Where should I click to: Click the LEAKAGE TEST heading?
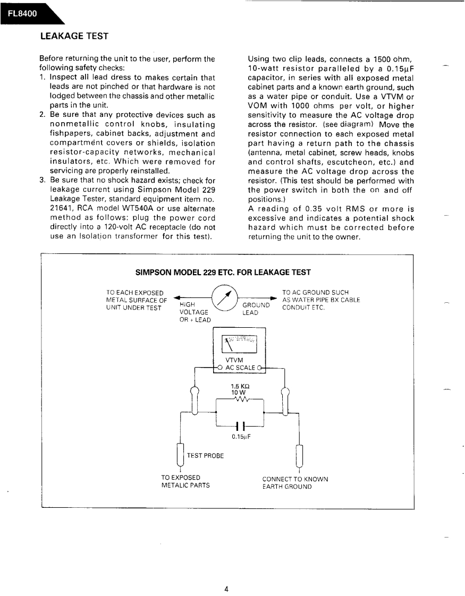(74, 36)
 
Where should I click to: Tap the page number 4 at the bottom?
(226, 573)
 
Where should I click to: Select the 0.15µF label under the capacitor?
(241, 437)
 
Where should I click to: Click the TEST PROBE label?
(205, 456)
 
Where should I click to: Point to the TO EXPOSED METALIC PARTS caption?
(185, 482)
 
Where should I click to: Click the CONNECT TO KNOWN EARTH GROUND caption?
(295, 482)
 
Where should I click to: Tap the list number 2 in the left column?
(42, 115)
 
